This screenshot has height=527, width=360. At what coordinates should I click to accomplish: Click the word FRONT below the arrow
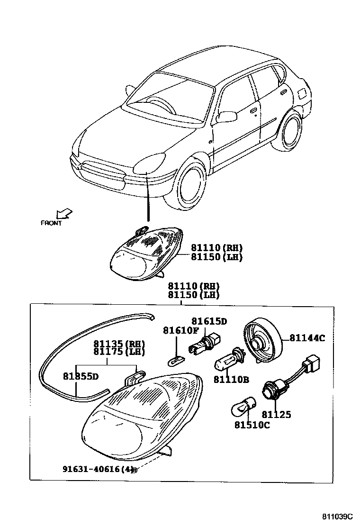click(x=51, y=223)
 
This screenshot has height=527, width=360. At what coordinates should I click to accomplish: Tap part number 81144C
click(x=307, y=338)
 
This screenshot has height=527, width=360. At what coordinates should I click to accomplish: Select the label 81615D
click(x=209, y=321)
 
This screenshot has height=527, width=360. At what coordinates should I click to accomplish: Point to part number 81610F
click(x=181, y=330)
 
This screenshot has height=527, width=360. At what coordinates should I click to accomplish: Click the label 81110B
click(x=231, y=379)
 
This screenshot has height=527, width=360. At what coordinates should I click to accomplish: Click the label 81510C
click(x=252, y=425)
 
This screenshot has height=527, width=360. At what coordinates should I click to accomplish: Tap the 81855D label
click(x=81, y=376)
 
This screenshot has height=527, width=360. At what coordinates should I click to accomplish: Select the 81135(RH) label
click(x=119, y=344)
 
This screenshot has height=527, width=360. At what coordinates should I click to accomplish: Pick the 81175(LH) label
click(x=119, y=352)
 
